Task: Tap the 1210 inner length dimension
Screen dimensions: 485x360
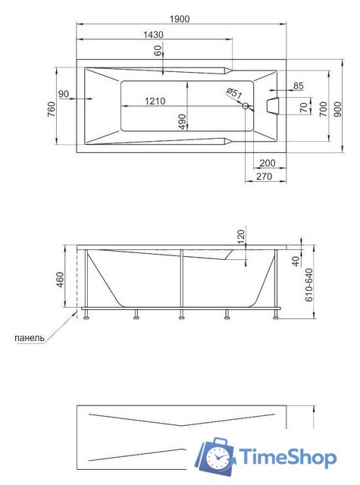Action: tap(155, 101)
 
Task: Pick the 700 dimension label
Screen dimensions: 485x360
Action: tap(323, 107)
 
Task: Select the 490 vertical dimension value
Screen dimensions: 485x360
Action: tap(182, 122)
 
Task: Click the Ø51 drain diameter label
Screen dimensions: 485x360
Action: tap(234, 93)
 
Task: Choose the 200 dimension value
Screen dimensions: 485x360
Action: tap(266, 163)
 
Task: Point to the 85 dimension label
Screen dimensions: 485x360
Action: tap(297, 86)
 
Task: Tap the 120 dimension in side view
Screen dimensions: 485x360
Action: tap(241, 236)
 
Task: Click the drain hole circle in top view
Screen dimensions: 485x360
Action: tap(245, 107)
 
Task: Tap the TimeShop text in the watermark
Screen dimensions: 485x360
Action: tap(288, 457)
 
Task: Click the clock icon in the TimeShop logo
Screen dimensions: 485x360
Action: tap(218, 457)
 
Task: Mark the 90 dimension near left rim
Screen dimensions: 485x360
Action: tap(63, 93)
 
